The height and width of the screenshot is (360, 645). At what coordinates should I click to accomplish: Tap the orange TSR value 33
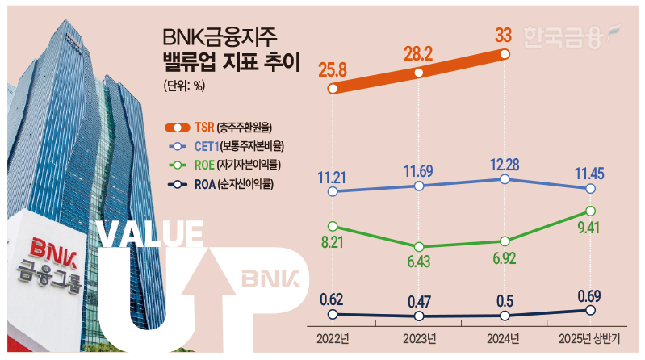point(504,36)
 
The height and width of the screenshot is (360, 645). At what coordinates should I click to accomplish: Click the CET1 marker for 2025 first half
point(590,189)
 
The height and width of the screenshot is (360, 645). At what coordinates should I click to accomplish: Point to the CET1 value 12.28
point(504,164)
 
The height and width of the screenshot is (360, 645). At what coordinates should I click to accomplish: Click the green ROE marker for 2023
point(418,247)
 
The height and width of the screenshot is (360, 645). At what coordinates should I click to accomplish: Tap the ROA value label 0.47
point(418,302)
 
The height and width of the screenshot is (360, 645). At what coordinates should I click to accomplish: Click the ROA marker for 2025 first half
point(590,310)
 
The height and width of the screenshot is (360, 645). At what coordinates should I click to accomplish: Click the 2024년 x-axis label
point(504,337)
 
